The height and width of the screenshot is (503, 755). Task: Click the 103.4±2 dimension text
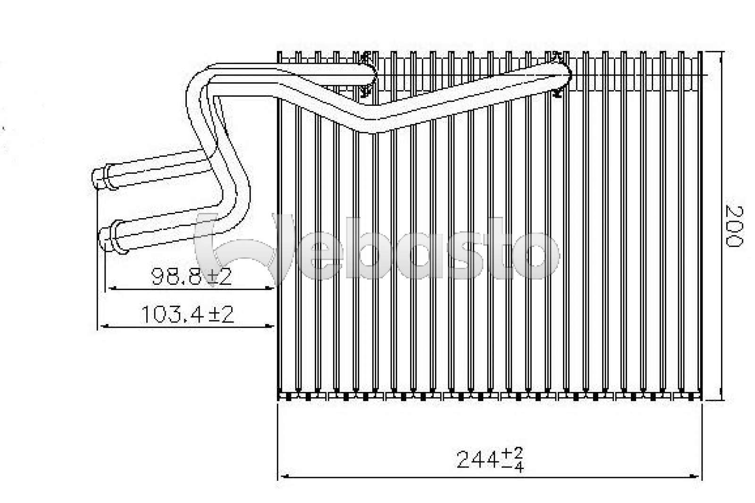coord(187,315)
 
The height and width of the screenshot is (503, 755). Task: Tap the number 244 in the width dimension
coord(478,459)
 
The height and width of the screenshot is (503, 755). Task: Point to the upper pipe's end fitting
coord(101,177)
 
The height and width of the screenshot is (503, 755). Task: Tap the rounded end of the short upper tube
coord(373,74)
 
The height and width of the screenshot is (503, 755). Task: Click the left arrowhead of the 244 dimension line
coord(283,477)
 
